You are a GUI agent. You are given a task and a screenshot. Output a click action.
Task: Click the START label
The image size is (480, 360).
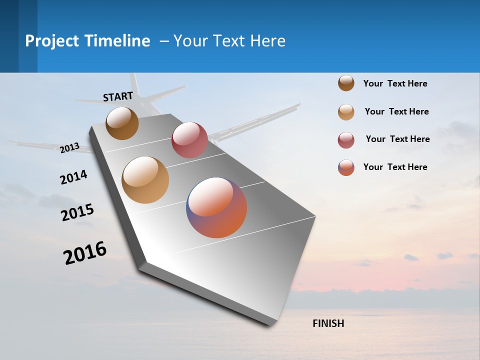point(118,96)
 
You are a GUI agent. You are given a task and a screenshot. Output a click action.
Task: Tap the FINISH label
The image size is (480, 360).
point(328,323)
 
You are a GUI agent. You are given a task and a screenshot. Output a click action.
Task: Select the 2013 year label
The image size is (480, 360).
point(70,147)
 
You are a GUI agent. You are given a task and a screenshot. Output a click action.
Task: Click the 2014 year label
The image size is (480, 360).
point(73,177)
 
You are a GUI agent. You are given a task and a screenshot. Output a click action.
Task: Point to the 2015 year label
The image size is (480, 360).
point(77,212)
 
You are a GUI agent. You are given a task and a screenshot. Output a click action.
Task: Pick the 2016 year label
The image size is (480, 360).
point(85,253)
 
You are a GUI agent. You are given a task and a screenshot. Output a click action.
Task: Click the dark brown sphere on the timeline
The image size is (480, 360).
point(122,123)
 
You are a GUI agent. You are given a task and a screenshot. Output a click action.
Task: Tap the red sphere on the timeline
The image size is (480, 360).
point(189,139)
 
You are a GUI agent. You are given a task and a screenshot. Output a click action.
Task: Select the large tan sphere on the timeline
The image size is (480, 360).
point(145,180)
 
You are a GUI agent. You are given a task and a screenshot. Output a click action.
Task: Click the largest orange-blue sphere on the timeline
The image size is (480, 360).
point(216,207)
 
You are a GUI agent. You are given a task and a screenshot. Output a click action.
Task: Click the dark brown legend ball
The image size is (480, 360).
point(346,83)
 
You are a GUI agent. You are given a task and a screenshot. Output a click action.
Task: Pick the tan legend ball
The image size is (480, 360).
point(346,112)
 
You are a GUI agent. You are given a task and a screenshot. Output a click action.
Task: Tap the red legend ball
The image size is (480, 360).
point(346,140)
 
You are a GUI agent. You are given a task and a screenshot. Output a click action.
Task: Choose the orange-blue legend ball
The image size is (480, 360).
point(346,167)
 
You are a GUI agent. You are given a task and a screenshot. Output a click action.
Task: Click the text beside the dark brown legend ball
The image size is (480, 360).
point(395,83)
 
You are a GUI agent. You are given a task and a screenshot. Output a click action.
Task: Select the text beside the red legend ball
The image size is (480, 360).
point(397,139)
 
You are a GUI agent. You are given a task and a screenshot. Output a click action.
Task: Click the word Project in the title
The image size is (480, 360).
point(52,41)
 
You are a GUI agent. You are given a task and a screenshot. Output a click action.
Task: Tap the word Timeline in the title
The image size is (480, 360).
point(117,41)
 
